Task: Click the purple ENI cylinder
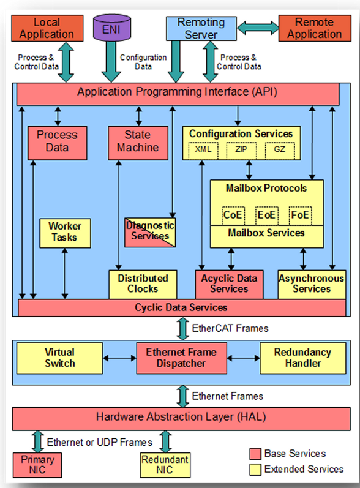tap(112, 28)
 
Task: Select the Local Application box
tap(47, 28)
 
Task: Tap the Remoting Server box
tap(201, 29)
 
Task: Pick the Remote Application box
tap(315, 28)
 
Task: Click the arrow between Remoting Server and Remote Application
tap(258, 28)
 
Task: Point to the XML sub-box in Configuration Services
tap(203, 150)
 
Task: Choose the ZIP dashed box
tap(241, 150)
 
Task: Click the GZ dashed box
tap(280, 150)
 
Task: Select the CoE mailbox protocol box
tap(233, 216)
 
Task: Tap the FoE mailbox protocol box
tap(300, 216)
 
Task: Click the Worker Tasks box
tap(65, 233)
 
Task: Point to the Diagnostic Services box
tap(150, 233)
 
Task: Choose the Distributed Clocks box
tap(143, 285)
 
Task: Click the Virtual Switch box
tap(60, 358)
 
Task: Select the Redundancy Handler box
tap(302, 358)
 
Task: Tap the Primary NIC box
tap(37, 465)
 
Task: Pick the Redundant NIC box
tap(165, 465)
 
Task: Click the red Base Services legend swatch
tap(255, 454)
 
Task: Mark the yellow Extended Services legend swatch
tap(255, 470)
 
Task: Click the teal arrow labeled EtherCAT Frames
tap(183, 329)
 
